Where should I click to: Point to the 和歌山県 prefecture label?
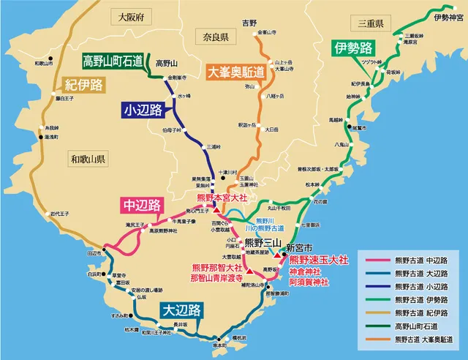tap(88, 158)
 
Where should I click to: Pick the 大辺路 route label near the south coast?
tap(179, 310)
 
